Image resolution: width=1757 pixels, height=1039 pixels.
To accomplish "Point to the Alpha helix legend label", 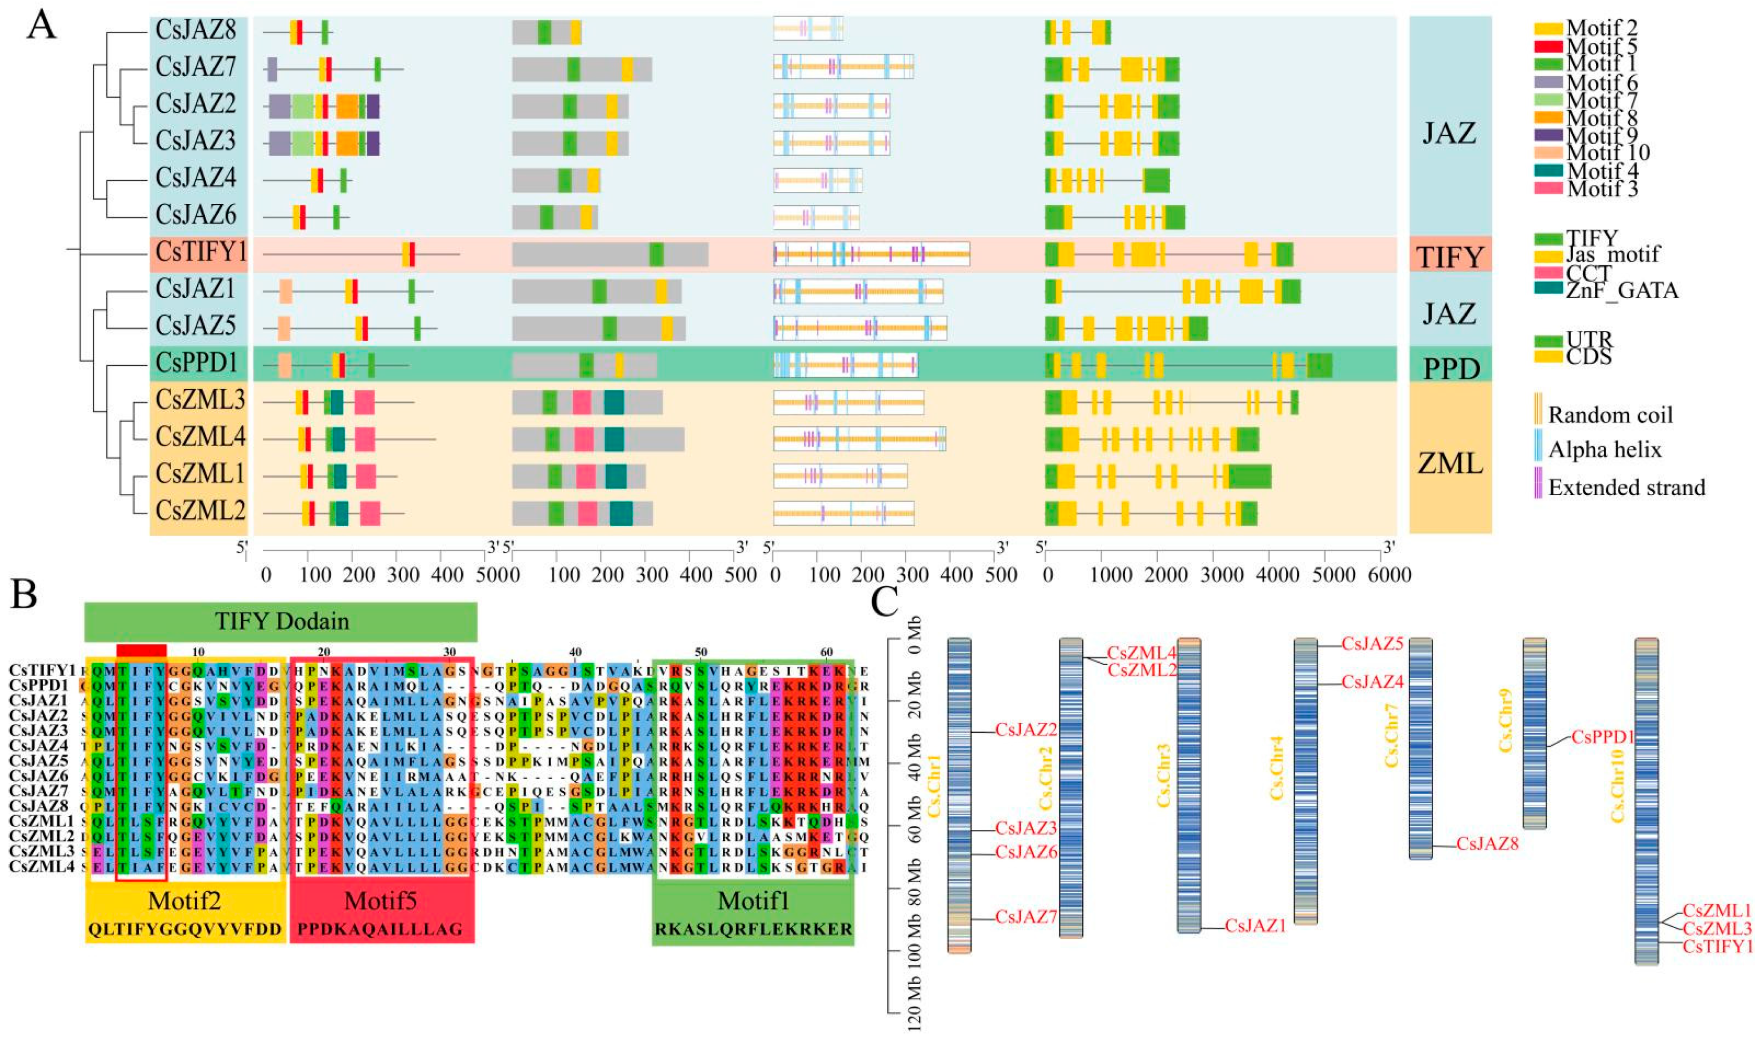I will pos(1604,449).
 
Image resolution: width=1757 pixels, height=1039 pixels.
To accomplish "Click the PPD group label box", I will pos(1450,367).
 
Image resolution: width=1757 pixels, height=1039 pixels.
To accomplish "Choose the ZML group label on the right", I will pos(1450,463).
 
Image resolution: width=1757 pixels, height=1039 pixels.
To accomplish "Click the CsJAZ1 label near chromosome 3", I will pos(1256,925).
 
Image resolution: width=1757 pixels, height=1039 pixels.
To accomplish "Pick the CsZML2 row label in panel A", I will pos(201,511).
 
